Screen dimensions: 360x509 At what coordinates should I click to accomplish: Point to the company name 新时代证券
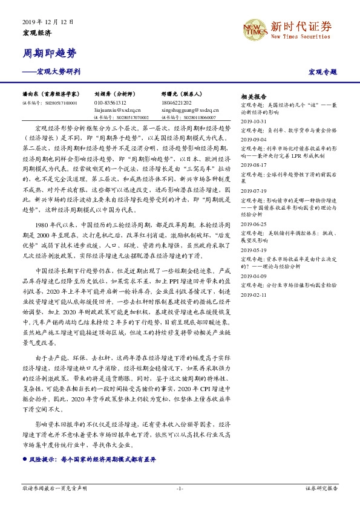[x=301, y=26]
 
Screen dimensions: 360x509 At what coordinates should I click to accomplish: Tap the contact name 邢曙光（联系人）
[x=182, y=95]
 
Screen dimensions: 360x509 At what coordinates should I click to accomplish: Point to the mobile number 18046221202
[x=177, y=103]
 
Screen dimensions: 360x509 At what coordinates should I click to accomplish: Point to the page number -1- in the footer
[x=180, y=487]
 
